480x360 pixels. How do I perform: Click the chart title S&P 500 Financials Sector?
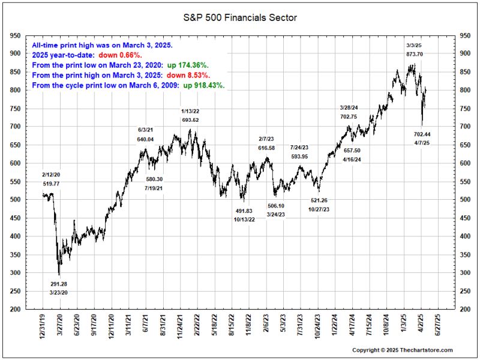240,17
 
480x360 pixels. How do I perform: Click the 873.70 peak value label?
415,54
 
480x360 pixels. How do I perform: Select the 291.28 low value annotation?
59,284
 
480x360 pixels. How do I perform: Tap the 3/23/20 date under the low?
59,293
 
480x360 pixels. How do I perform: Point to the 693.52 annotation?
190,120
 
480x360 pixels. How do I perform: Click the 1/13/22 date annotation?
190,111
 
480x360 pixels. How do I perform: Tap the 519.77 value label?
52,182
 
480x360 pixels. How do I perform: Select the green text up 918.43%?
203,86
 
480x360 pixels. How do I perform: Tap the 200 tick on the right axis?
464,310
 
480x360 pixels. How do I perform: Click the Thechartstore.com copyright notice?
402,350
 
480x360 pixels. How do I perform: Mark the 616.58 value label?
266,148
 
